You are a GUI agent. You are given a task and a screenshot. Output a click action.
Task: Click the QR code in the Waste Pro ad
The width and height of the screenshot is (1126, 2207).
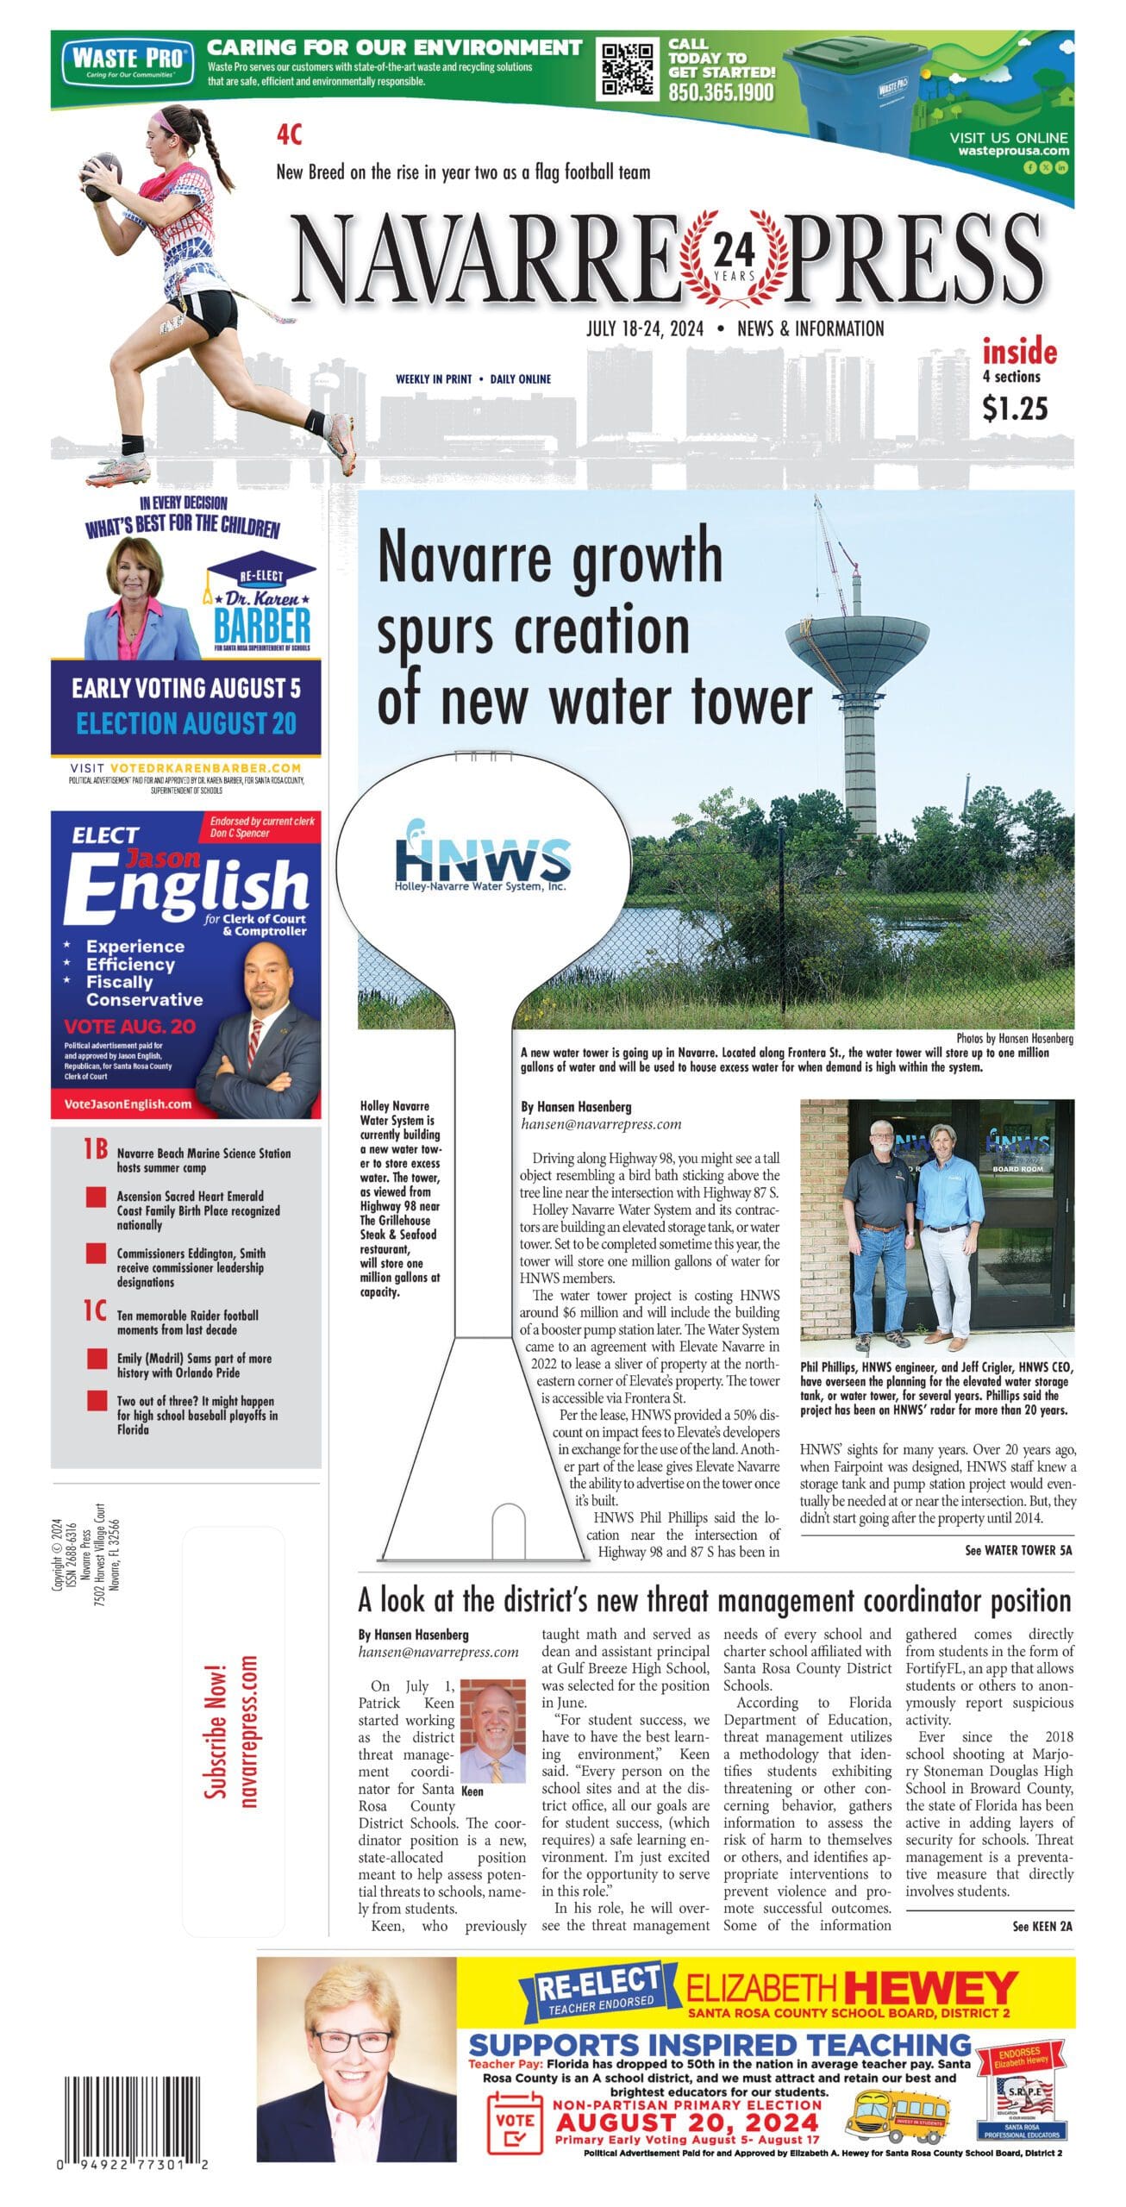[x=629, y=69]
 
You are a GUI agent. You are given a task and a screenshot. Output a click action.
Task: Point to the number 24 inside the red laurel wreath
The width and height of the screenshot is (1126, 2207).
[x=734, y=252]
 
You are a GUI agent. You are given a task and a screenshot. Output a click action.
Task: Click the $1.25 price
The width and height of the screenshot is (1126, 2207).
[x=1015, y=408]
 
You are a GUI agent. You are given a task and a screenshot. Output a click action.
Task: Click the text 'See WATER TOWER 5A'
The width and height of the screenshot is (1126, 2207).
[x=1018, y=1550]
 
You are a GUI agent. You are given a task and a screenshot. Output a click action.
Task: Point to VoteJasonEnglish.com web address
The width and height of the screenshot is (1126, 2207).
[x=128, y=1103]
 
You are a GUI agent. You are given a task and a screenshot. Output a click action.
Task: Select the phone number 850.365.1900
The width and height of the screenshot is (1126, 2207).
[x=721, y=92]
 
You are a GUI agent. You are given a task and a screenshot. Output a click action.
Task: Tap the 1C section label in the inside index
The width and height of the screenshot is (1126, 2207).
[x=96, y=1311]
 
